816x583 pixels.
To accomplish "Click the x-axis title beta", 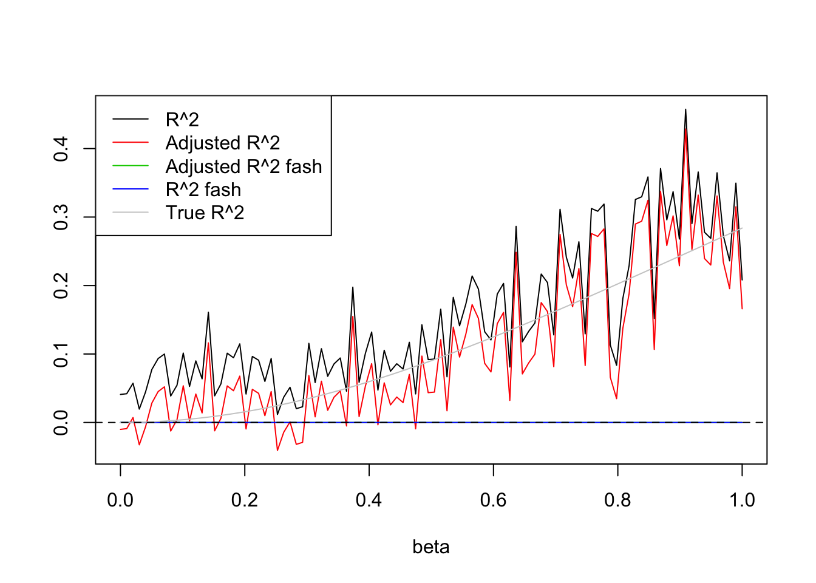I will pos(430,547).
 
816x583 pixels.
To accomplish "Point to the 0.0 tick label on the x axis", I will pos(120,500).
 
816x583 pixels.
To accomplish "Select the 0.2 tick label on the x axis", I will pos(245,500).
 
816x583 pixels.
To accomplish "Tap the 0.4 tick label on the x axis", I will pos(369,500).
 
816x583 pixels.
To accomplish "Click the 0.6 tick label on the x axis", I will pos(493,500).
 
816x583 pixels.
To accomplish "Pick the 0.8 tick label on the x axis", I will pos(617,500).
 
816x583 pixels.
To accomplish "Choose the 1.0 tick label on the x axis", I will pos(742,500).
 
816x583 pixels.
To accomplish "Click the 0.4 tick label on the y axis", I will pos(61,149).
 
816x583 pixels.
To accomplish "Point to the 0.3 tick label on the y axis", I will pos(61,217).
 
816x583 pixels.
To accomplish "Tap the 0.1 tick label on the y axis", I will pos(61,354).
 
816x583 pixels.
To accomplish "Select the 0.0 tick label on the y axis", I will pos(61,423).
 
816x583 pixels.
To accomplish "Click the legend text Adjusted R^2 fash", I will pos(243,166).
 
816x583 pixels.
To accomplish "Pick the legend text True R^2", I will pos(205,213).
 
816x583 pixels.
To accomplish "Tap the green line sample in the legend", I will pos(131,166).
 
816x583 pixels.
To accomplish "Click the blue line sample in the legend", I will pos(131,189).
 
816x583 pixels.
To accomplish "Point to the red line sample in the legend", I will pos(131,143).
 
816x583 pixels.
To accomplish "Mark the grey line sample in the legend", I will pos(131,213).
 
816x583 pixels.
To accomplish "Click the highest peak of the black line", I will pos(685,109).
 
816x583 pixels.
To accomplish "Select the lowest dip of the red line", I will pos(277,450).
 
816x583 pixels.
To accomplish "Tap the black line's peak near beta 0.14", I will pos(208,312).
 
